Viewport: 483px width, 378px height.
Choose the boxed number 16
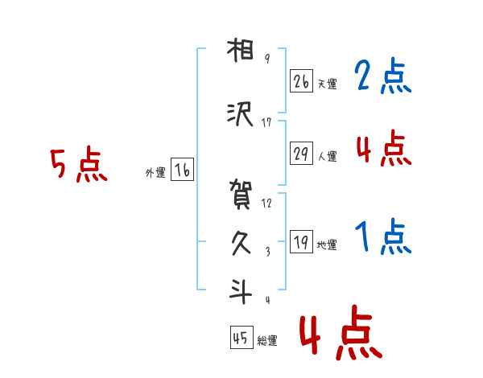click(182, 169)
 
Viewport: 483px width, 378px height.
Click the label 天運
click(327, 84)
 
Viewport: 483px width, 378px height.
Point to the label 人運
click(327, 156)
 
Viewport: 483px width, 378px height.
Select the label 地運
click(327, 244)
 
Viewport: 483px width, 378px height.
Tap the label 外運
click(155, 172)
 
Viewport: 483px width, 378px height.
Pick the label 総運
click(267, 341)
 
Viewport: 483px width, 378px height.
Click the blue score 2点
click(383, 77)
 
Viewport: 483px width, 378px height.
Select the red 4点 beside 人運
click(383, 148)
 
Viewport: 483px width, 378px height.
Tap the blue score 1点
click(383, 238)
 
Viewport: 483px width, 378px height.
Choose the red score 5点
click(78, 166)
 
